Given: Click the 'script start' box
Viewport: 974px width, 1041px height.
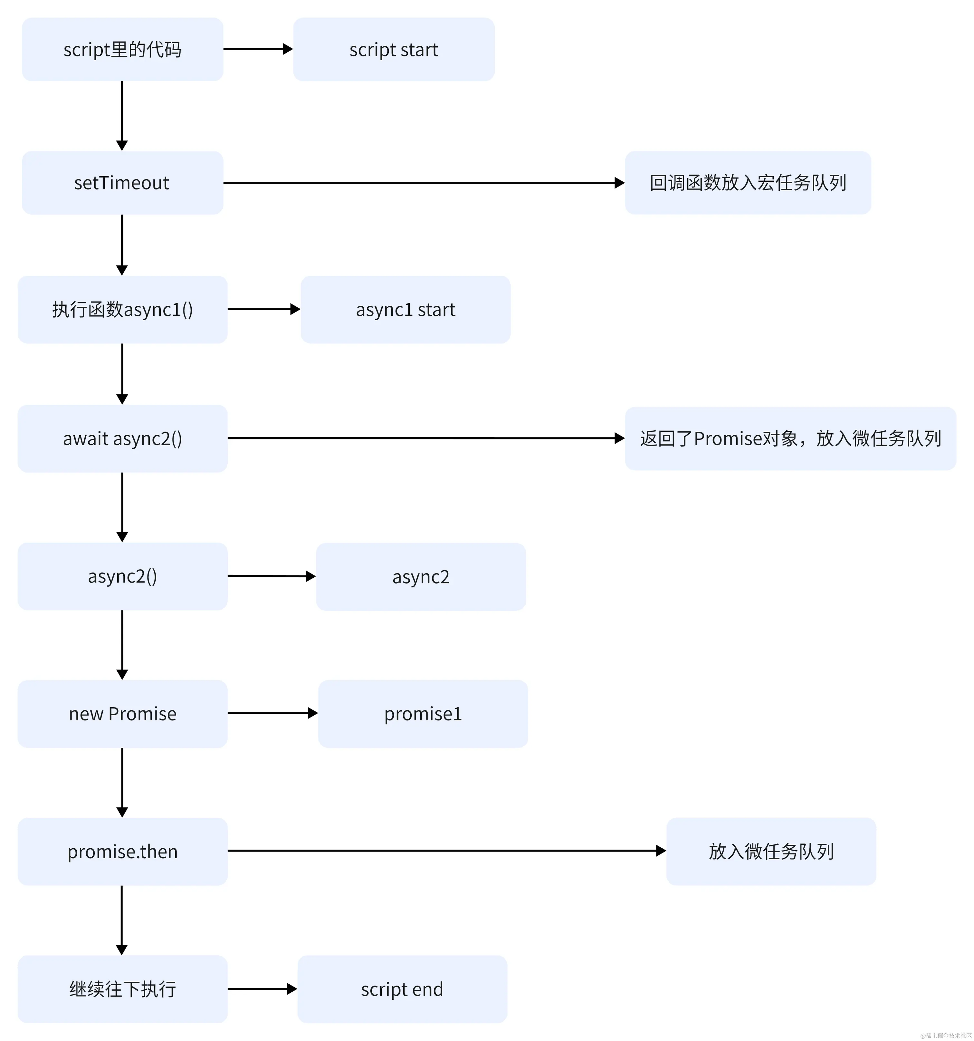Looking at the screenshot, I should tap(394, 50).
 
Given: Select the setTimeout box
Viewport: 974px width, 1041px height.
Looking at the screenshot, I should tap(122, 183).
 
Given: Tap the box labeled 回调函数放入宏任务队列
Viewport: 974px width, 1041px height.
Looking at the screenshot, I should tap(747, 183).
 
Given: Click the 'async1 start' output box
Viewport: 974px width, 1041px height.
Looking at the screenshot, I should tap(405, 310).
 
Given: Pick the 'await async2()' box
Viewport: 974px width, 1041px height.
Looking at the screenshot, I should tap(122, 438).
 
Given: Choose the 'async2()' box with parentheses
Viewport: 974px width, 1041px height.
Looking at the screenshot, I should tap(122, 576).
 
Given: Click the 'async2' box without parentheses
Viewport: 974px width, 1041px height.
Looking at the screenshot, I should tap(420, 576).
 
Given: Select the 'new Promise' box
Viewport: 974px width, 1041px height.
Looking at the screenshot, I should tap(122, 714).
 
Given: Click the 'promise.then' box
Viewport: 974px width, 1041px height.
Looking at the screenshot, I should tap(122, 852).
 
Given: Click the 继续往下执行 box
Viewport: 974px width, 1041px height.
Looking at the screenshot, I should tap(122, 989).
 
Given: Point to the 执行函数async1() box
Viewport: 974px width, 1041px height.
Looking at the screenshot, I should tap(122, 310).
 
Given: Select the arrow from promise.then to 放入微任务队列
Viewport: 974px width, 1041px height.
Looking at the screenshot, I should tap(445, 851).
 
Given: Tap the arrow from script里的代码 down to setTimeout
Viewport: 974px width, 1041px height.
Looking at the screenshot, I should tap(122, 115).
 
